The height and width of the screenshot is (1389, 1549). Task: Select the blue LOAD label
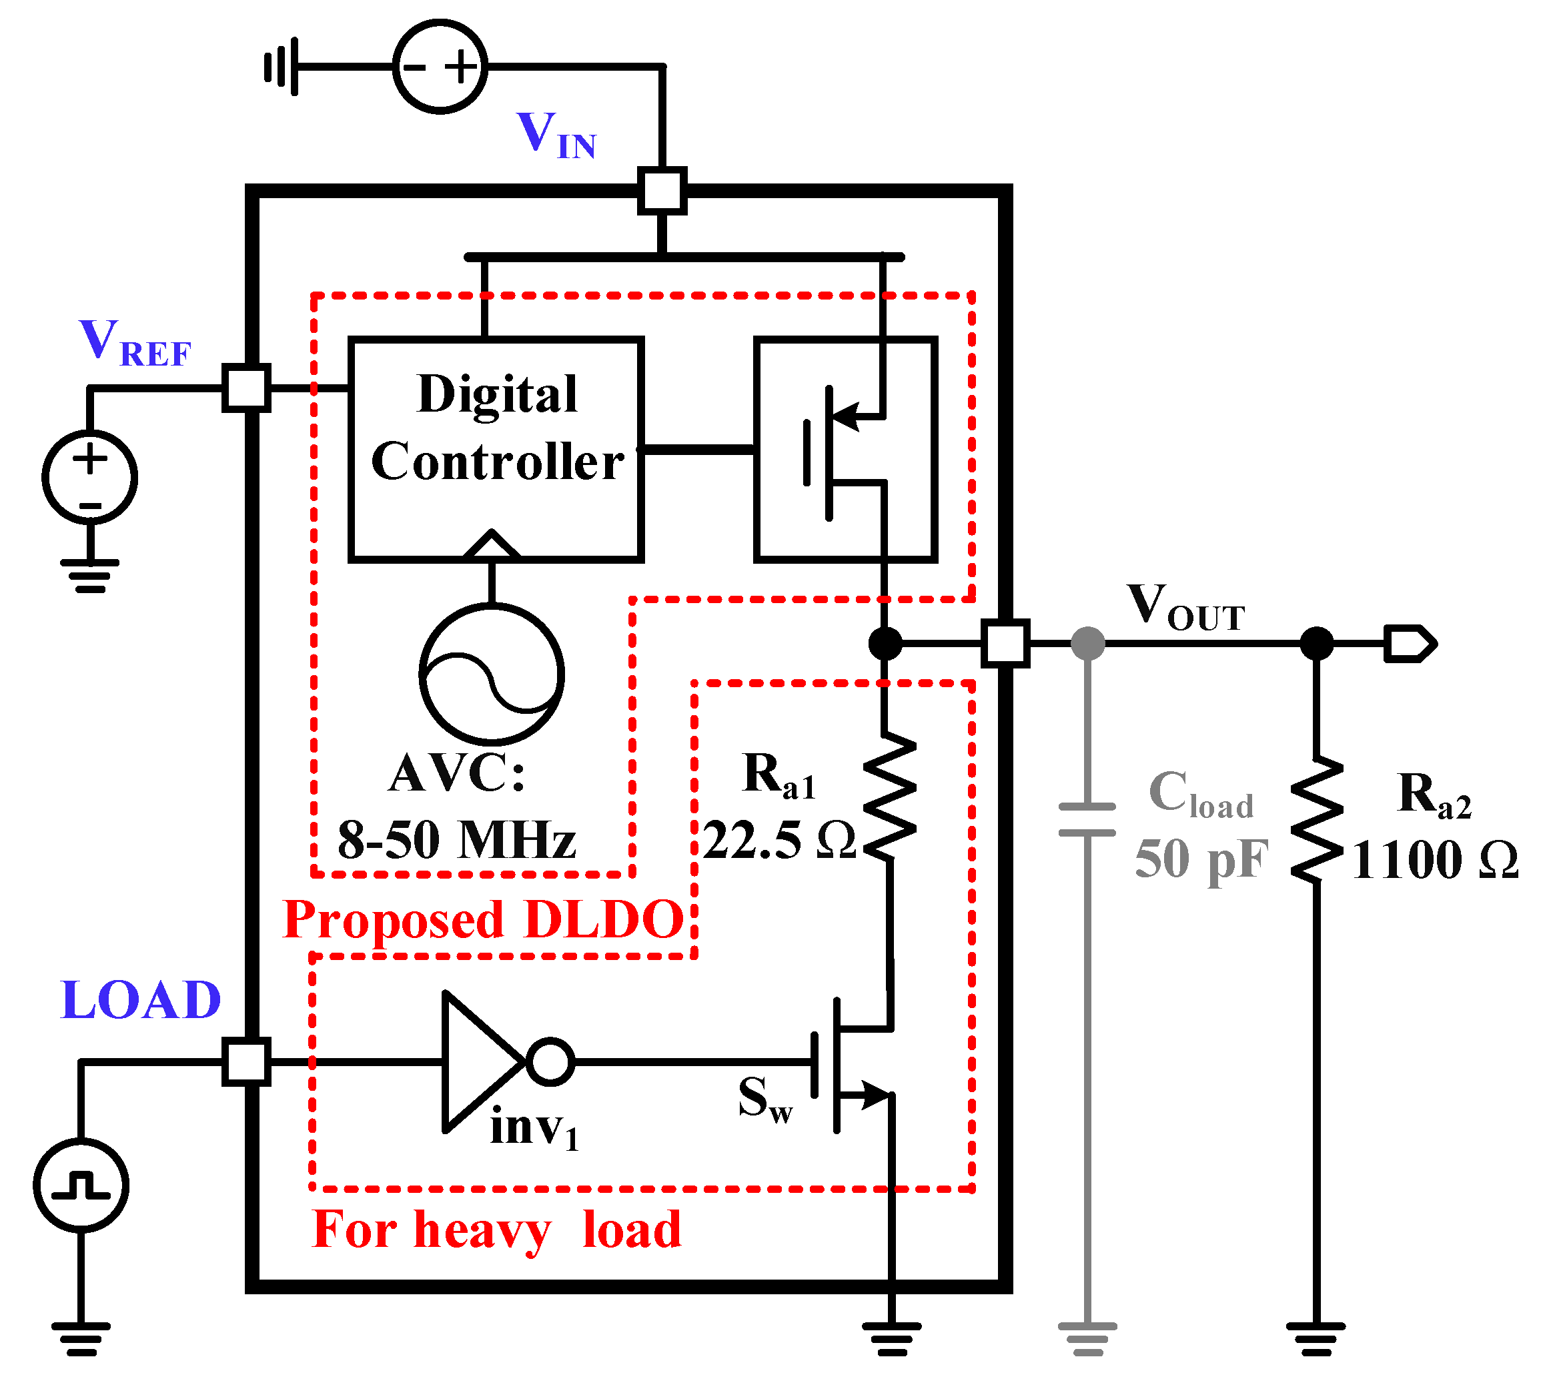(x=141, y=1001)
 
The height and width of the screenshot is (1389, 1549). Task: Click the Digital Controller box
(x=496, y=450)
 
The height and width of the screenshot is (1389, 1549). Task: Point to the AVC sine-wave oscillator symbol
(x=492, y=674)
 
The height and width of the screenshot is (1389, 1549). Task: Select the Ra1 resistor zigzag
(x=889, y=797)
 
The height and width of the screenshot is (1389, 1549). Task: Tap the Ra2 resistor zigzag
(x=1316, y=821)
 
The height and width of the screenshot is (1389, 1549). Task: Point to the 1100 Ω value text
(x=1434, y=861)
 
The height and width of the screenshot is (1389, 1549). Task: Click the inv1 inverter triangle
(x=481, y=1061)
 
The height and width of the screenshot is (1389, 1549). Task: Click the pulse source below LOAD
(x=81, y=1186)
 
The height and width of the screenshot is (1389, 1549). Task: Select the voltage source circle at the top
(x=440, y=67)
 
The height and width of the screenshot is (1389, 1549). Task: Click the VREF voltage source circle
(x=90, y=477)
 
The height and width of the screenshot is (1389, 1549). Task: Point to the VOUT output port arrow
(x=1410, y=643)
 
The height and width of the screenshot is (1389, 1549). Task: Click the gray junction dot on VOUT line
(x=1087, y=643)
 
